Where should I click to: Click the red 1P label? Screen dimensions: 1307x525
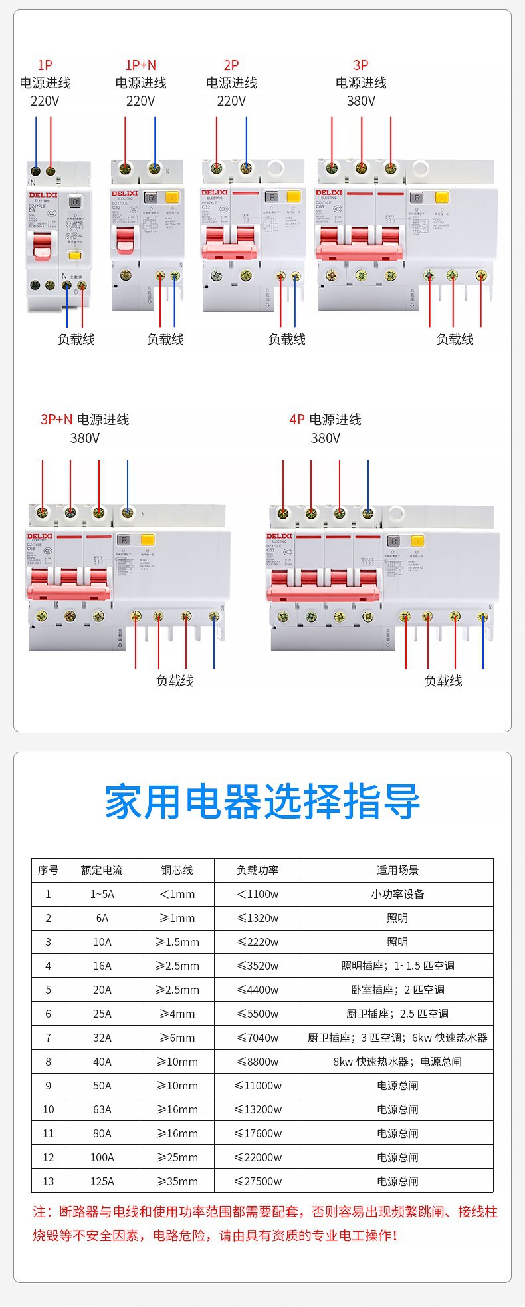tap(45, 65)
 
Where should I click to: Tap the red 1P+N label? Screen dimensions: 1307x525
tap(140, 65)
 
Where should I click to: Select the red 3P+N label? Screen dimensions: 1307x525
tap(56, 420)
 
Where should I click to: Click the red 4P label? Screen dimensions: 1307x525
tap(296, 420)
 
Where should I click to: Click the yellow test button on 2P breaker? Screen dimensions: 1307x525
tap(293, 196)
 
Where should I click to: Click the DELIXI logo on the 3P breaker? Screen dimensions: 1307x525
tap(328, 193)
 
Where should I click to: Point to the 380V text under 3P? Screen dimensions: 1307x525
tap(361, 101)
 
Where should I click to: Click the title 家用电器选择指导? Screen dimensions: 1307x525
tap(262, 802)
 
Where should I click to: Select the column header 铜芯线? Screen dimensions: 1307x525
tap(177, 870)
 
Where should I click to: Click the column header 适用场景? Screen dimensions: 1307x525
tap(397, 870)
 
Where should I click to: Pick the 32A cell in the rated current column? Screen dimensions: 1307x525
tap(102, 1038)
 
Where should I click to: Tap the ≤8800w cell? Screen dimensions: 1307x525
tap(258, 1062)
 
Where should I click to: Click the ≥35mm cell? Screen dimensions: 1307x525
tap(177, 1181)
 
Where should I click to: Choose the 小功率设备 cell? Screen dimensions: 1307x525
tap(397, 894)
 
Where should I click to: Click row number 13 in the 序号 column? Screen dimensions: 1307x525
tap(48, 1181)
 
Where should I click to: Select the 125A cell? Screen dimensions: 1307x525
tap(102, 1181)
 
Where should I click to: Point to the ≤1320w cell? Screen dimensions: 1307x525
tap(258, 918)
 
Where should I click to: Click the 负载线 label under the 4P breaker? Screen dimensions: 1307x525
tap(443, 681)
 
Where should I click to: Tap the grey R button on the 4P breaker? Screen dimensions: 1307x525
tap(393, 541)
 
